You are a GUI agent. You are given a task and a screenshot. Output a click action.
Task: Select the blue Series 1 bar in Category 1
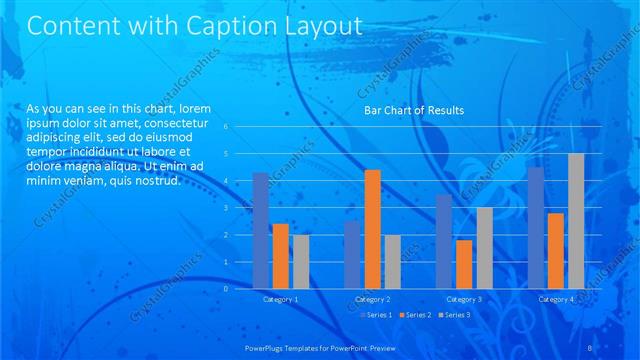[260, 230]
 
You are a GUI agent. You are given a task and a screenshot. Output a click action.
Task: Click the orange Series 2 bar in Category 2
[372, 229]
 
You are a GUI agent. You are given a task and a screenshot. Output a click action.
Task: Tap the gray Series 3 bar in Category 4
[575, 221]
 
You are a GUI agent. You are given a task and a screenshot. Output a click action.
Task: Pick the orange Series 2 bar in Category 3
[464, 264]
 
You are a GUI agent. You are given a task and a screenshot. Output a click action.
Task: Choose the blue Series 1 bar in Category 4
[536, 227]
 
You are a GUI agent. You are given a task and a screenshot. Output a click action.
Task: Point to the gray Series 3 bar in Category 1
[301, 261]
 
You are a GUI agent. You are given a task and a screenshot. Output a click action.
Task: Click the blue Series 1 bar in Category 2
[351, 254]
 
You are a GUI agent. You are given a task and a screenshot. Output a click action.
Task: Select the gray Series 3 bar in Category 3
[484, 247]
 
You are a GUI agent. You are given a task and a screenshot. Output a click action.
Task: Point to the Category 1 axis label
[280, 299]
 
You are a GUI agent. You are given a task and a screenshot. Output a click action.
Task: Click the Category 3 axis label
[464, 299]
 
